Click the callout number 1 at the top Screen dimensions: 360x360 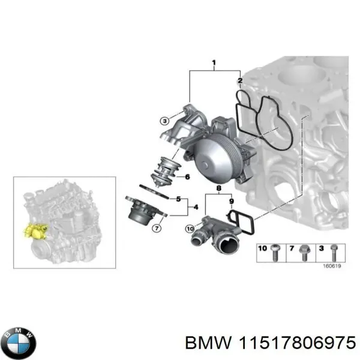point(214,62)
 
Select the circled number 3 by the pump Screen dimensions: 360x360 point(164,121)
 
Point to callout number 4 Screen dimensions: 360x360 point(194,208)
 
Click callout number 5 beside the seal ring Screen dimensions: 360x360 point(178,198)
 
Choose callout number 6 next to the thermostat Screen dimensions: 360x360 point(187,177)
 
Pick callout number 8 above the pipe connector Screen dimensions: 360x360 point(219,189)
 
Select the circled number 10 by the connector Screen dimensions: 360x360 point(190,228)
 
